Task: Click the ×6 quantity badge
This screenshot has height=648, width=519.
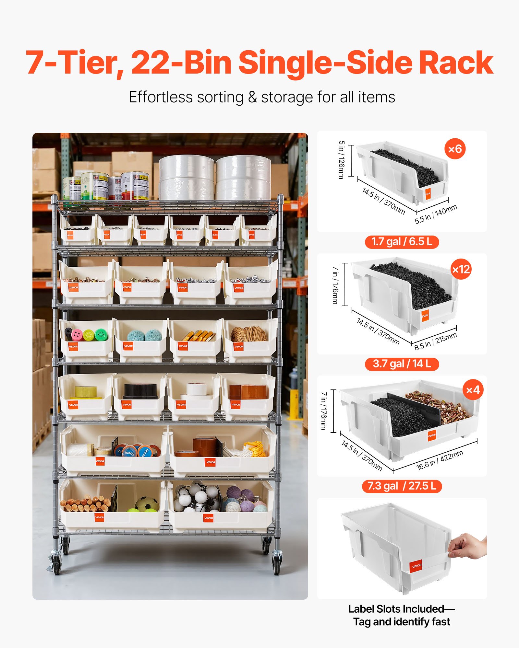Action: (x=455, y=149)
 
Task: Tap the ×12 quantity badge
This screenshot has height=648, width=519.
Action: (x=461, y=269)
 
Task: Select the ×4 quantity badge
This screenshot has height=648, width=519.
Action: (x=473, y=390)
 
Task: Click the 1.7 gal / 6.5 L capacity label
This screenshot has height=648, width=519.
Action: (x=402, y=242)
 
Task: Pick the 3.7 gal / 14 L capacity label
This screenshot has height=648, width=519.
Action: (x=402, y=364)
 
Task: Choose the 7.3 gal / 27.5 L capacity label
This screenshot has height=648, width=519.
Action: (x=402, y=486)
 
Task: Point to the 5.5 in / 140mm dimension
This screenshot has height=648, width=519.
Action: (x=436, y=214)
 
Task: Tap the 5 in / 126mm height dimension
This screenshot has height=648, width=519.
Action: (x=341, y=159)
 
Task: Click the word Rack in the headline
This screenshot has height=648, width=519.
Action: (x=455, y=63)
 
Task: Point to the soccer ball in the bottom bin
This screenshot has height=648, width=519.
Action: (x=147, y=504)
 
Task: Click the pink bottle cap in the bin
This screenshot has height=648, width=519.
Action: (x=77, y=334)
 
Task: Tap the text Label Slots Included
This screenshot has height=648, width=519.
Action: (x=396, y=609)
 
